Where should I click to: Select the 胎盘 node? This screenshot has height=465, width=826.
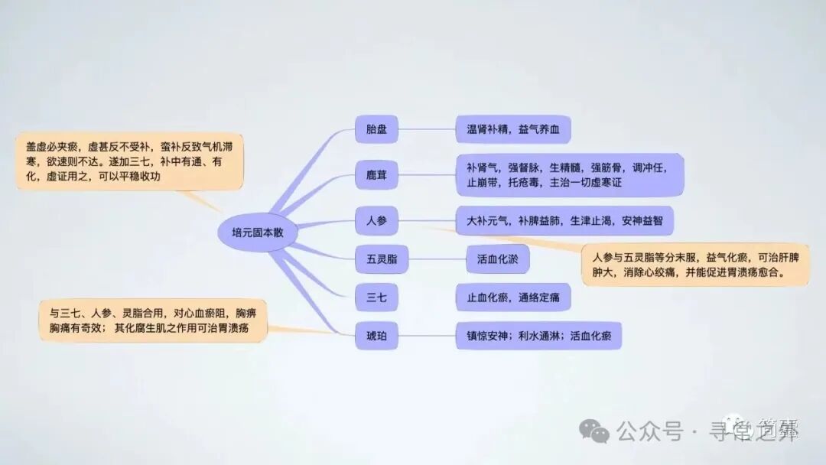376,129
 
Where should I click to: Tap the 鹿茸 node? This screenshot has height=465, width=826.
376,176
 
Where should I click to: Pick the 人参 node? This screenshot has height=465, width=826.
376,221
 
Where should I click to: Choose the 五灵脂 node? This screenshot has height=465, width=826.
376,259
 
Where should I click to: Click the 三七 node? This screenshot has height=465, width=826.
376,298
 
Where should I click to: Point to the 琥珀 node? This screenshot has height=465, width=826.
376,335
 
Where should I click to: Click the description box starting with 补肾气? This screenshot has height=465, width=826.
569,175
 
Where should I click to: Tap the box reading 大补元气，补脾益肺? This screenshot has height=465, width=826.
564,221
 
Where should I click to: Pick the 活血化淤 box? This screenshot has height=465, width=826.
497,259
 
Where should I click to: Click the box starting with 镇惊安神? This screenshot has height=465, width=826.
538,335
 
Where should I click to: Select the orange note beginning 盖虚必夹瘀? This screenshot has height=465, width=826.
130,161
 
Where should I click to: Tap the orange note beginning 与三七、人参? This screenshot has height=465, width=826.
153,320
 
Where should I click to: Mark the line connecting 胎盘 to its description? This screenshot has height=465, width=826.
428,129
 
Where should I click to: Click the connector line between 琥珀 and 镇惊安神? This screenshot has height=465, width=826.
428,335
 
